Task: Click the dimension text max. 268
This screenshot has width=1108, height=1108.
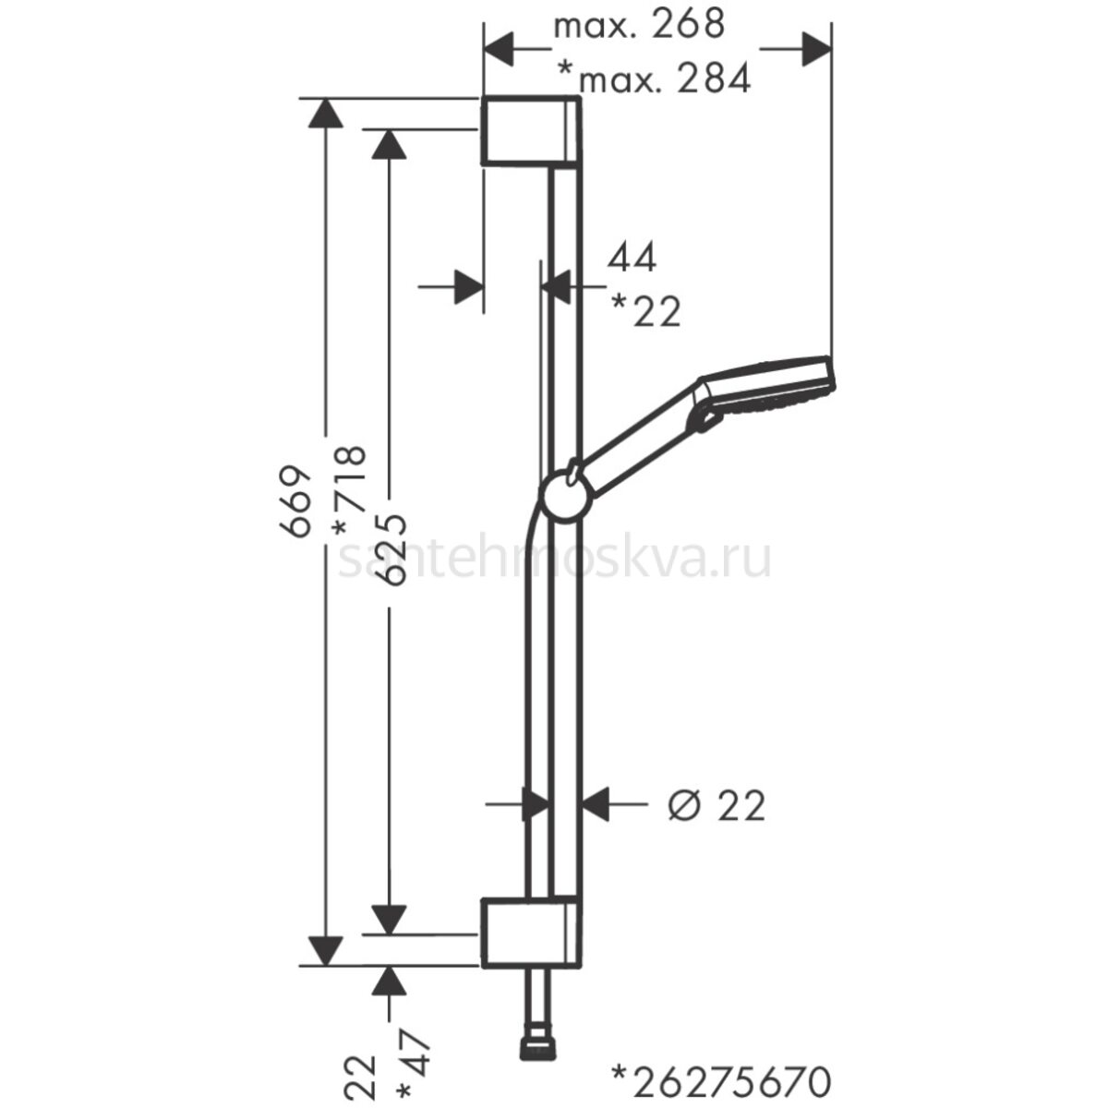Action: [639, 25]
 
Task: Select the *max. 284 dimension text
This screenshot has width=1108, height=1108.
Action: [655, 78]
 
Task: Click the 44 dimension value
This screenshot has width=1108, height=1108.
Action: [632, 258]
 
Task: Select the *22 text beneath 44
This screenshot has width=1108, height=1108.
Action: [645, 310]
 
